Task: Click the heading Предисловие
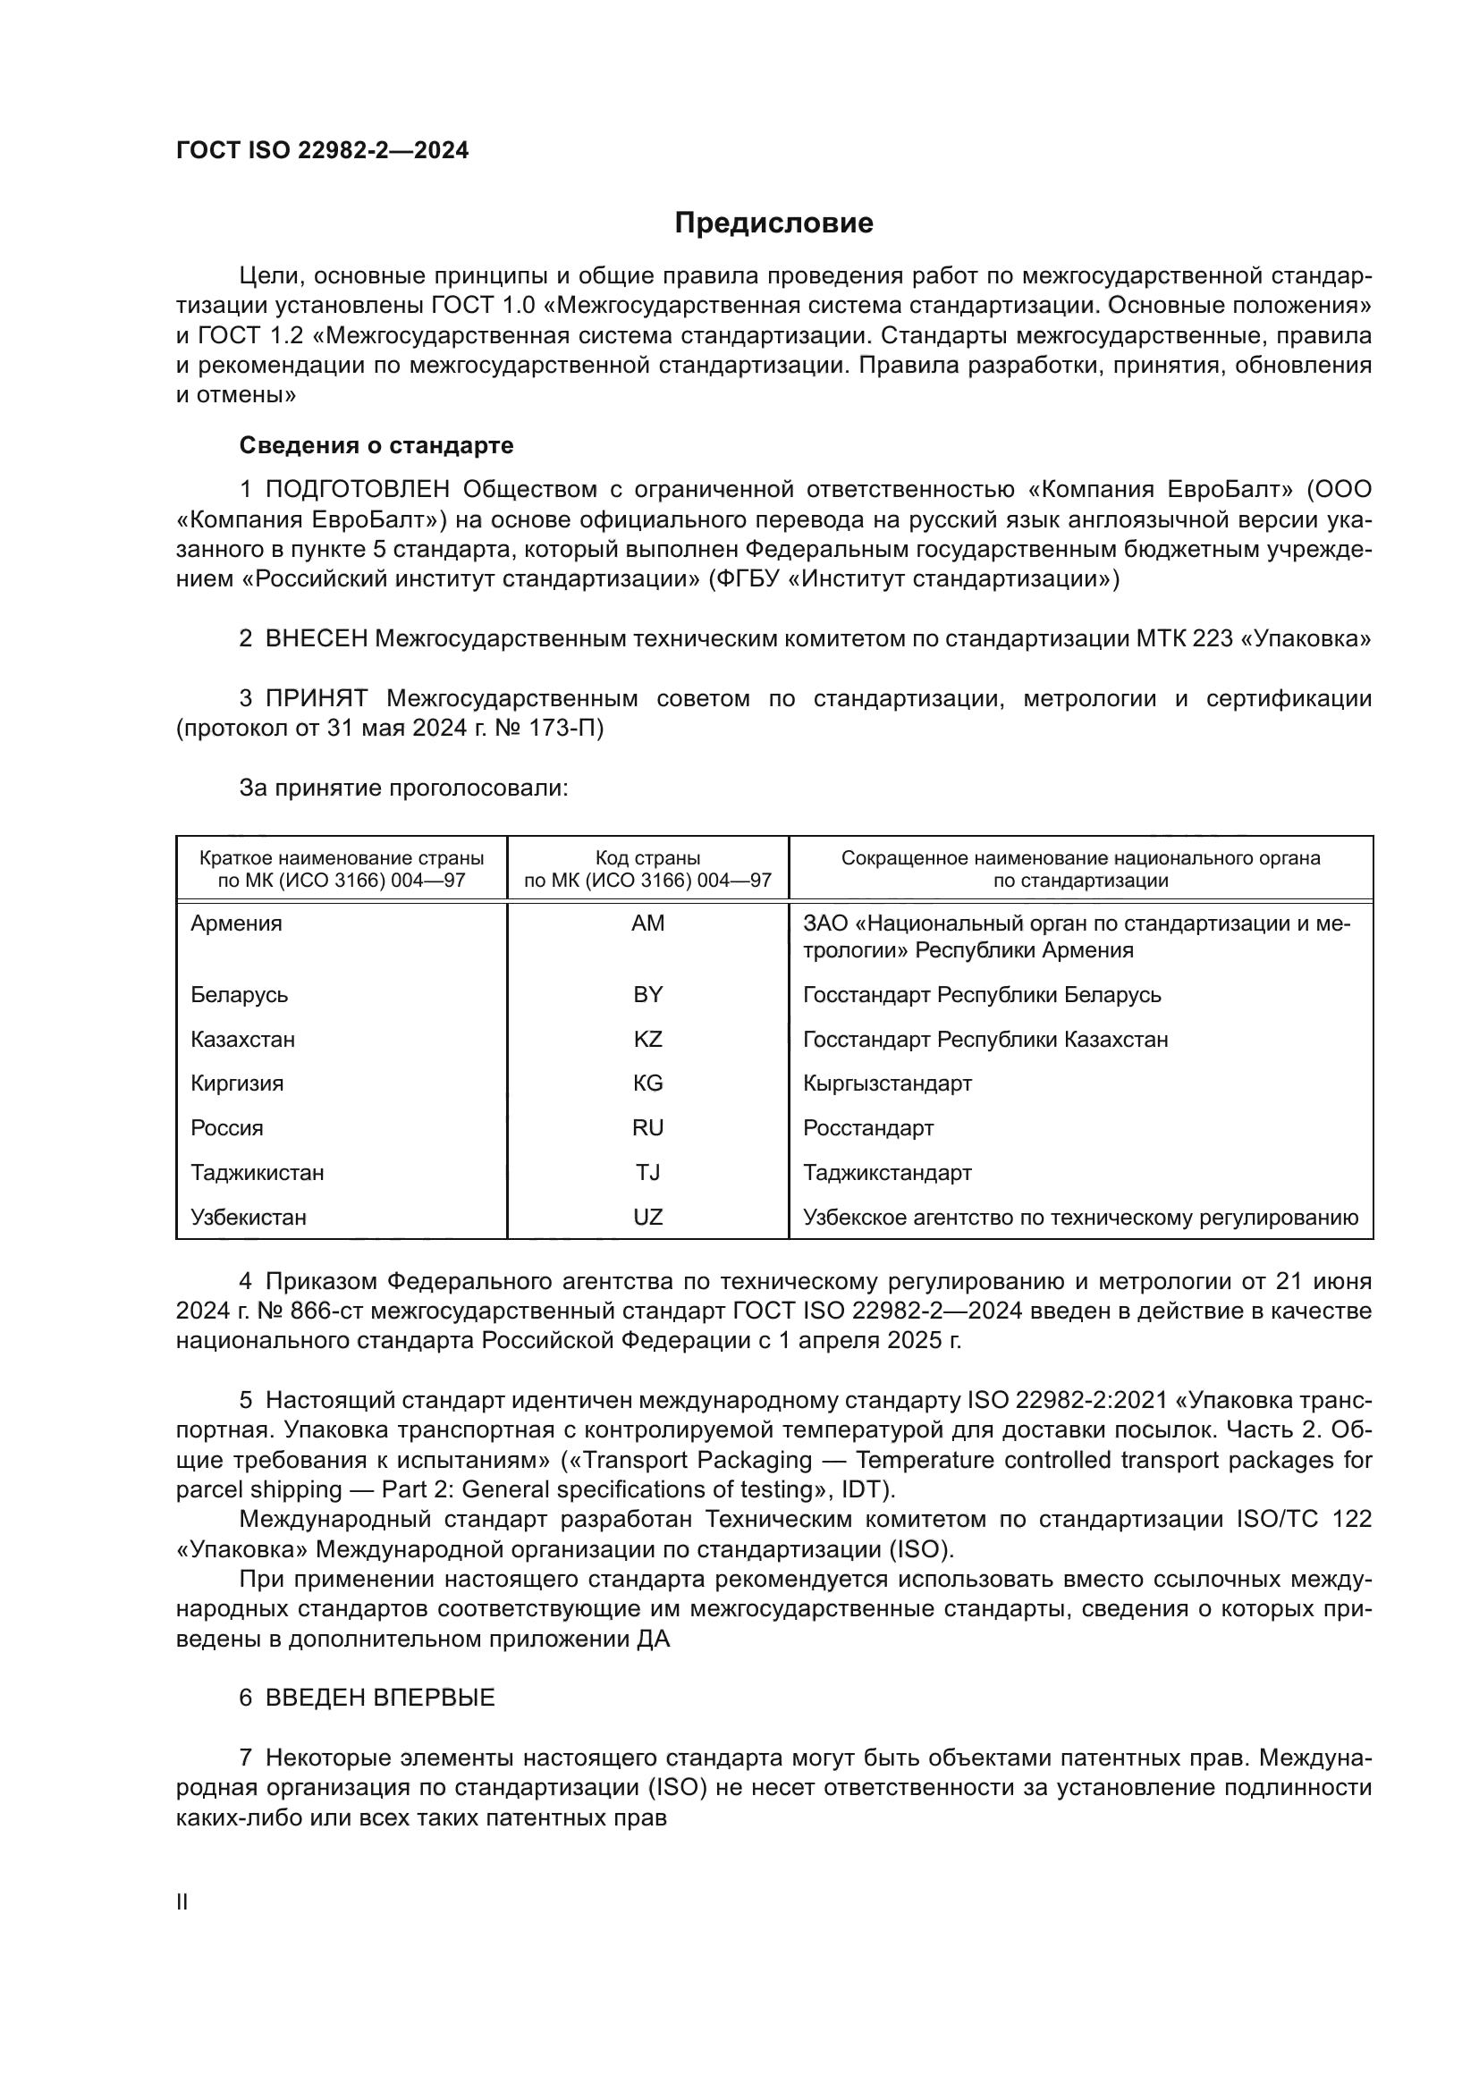(773, 223)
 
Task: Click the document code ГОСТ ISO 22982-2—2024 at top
(323, 150)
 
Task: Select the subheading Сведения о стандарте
(376, 445)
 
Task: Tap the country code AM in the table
(647, 923)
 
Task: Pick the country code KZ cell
(647, 1039)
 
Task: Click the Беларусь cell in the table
(240, 994)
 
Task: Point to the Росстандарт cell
(868, 1128)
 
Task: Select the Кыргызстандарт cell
(887, 1083)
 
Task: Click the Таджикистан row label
(257, 1173)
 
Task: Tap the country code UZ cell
(647, 1218)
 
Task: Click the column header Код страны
(647, 858)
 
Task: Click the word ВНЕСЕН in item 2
(316, 639)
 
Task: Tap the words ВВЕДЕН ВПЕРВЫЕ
(380, 1699)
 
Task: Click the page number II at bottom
(182, 1902)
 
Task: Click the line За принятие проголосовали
(403, 788)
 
